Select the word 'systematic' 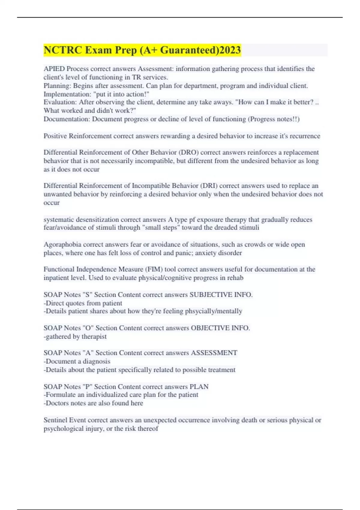pyautogui.click(x=58, y=220)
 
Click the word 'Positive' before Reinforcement pyautogui.click(x=55, y=136)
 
